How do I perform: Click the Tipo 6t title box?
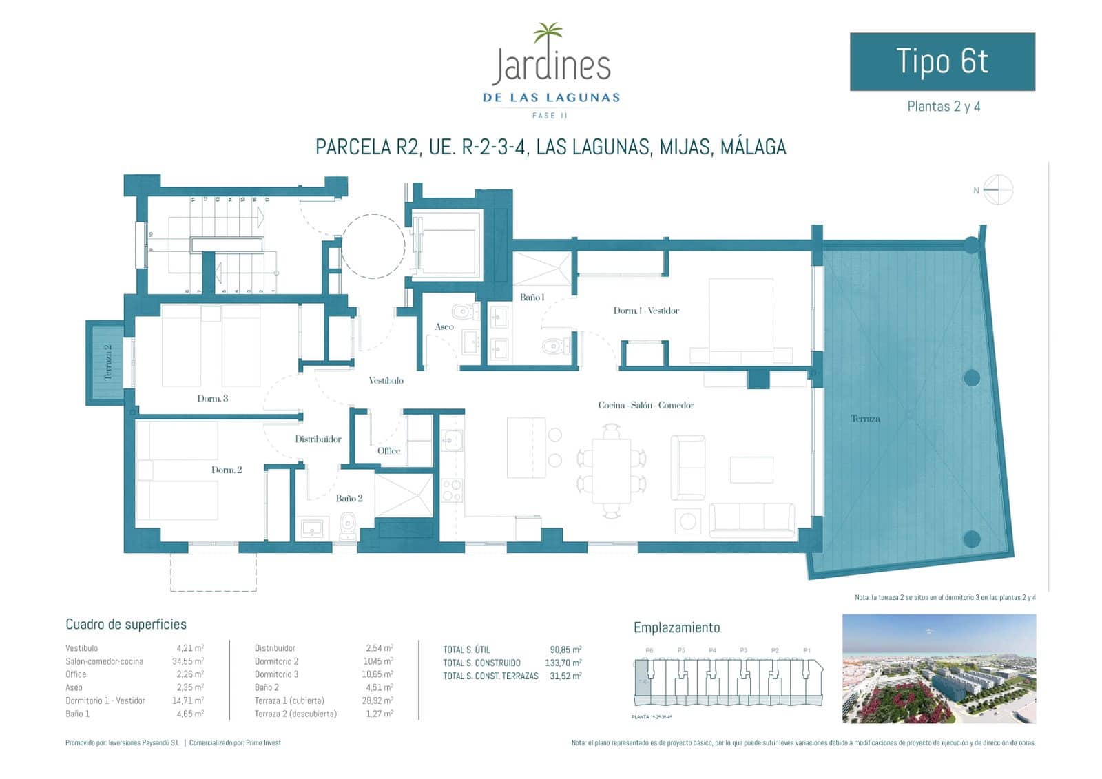click(x=942, y=61)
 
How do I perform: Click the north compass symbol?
click(x=998, y=189)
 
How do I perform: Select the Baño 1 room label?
click(x=532, y=298)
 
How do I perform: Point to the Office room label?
click(x=388, y=450)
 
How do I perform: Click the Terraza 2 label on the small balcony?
click(x=107, y=362)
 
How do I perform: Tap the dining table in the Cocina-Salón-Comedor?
click(x=611, y=470)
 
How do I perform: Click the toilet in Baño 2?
click(x=347, y=526)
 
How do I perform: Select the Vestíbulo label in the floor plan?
click(x=386, y=380)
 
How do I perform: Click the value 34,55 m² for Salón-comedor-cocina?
click(x=189, y=661)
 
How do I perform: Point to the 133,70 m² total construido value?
click(x=563, y=663)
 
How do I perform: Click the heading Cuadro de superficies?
click(x=126, y=624)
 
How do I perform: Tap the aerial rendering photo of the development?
click(x=939, y=668)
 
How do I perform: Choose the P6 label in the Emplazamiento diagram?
click(x=649, y=650)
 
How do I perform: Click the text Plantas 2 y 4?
click(x=943, y=106)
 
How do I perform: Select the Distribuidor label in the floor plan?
click(x=318, y=439)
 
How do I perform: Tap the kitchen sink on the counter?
click(x=452, y=439)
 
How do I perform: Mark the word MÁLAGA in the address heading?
click(x=753, y=147)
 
